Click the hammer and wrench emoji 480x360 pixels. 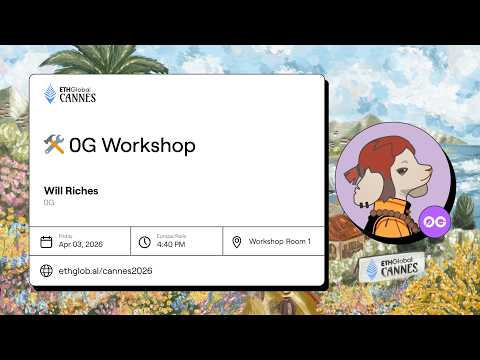click(x=54, y=145)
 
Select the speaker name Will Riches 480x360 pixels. click(x=71, y=190)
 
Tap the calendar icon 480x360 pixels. click(x=46, y=242)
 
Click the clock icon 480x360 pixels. click(x=145, y=242)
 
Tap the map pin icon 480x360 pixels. click(x=237, y=242)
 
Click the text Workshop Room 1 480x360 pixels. click(x=280, y=242)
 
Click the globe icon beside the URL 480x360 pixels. click(x=46, y=270)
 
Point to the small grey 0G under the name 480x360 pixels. click(x=49, y=202)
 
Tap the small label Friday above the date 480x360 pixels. click(x=65, y=236)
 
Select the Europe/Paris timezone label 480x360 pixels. click(x=172, y=236)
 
